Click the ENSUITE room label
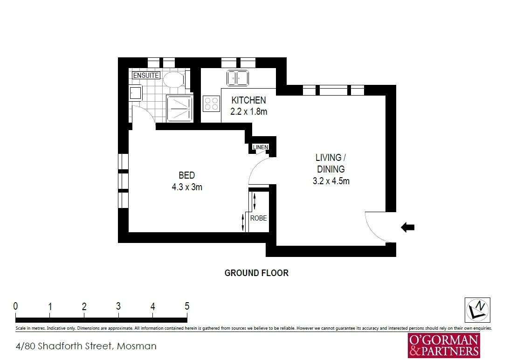[x=146, y=75]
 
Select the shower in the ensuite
[x=179, y=108]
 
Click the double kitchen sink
[x=237, y=77]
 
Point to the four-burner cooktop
[x=211, y=103]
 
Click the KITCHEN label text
[x=248, y=100]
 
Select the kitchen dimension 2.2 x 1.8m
[x=248, y=112]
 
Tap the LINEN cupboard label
[x=261, y=147]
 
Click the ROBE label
[x=258, y=218]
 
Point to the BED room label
[x=186, y=175]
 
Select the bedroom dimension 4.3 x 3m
[x=186, y=187]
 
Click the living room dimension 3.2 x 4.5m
[x=331, y=181]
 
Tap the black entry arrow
[x=407, y=227]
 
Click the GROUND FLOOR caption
[x=256, y=273]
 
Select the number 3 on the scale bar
[x=118, y=306]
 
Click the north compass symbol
[x=477, y=310]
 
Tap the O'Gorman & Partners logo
[x=443, y=346]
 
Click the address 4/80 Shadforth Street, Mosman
[x=86, y=346]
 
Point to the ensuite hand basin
[x=136, y=93]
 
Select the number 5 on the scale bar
[x=187, y=306]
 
